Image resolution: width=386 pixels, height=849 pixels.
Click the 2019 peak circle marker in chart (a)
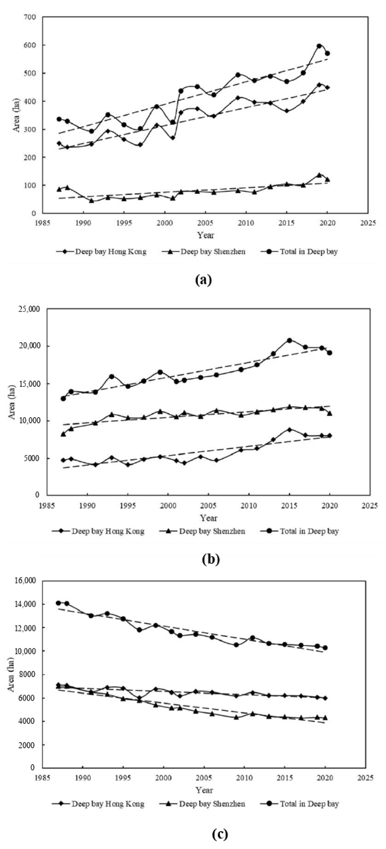pyautogui.click(x=319, y=46)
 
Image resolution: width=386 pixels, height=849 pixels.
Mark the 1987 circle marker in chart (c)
pyautogui.click(x=59, y=603)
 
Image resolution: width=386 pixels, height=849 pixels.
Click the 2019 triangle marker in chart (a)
pyautogui.click(x=319, y=175)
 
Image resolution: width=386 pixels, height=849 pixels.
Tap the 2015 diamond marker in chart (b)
pyautogui.click(x=290, y=429)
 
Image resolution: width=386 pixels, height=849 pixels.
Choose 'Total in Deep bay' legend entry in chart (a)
pyautogui.click(x=309, y=252)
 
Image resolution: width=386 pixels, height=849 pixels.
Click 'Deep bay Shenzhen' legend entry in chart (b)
pyautogui.click(x=212, y=531)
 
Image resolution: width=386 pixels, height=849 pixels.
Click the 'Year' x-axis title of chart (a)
pyautogui.click(x=206, y=235)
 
